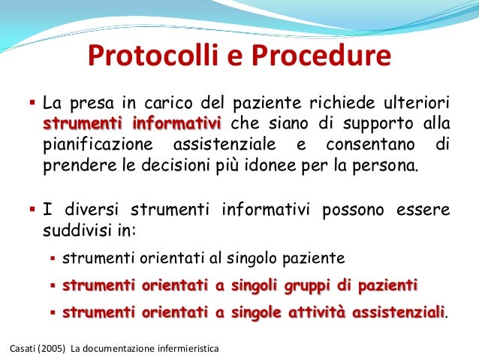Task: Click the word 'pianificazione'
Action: click(x=91, y=144)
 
